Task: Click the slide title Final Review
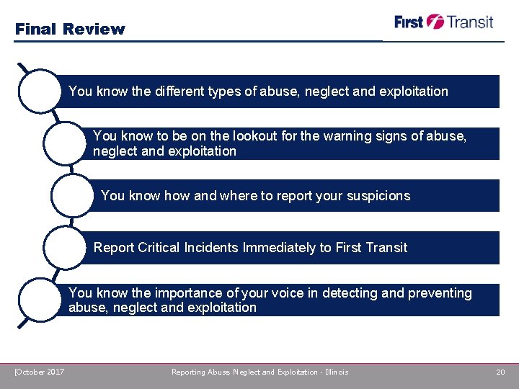click(70, 30)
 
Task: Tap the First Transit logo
click(443, 22)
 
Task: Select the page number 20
click(500, 372)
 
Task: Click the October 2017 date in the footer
click(40, 372)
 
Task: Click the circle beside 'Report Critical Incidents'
click(67, 248)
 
